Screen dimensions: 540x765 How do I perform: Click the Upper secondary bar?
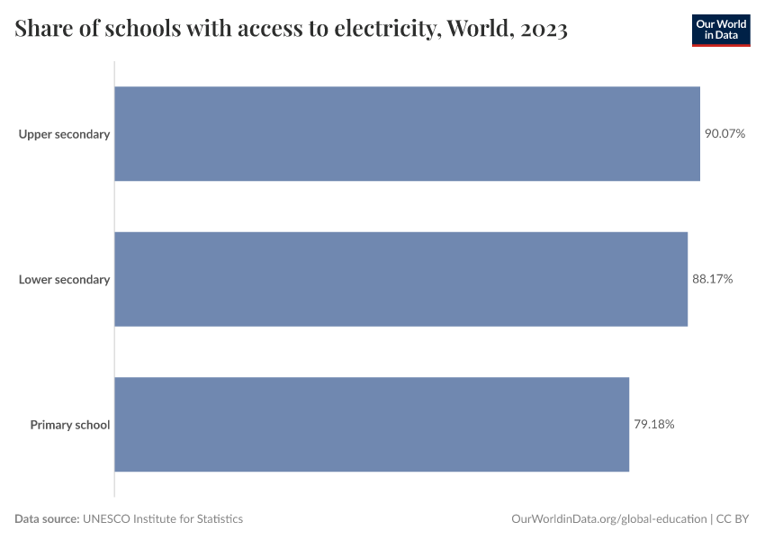pyautogui.click(x=407, y=134)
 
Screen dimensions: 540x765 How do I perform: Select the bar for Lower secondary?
pyautogui.click(x=400, y=279)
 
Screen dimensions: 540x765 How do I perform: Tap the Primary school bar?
pyautogui.click(x=372, y=424)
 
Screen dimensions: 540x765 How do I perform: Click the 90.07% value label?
pyautogui.click(x=724, y=134)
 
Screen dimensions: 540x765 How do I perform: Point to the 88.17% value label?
pyautogui.click(x=712, y=279)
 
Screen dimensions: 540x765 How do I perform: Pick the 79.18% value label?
pyautogui.click(x=653, y=424)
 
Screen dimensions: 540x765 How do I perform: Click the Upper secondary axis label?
pyautogui.click(x=64, y=134)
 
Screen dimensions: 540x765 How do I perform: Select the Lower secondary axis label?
pyautogui.click(x=64, y=279)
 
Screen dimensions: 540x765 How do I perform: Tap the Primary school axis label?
pyautogui.click(x=69, y=424)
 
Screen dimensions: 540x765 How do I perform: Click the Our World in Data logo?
pyautogui.click(x=720, y=30)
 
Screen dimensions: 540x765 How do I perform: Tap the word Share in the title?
pyautogui.click(x=42, y=31)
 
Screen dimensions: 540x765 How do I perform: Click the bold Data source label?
pyautogui.click(x=47, y=519)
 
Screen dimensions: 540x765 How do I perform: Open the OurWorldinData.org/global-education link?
pyautogui.click(x=608, y=519)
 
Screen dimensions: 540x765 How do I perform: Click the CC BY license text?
pyautogui.click(x=733, y=519)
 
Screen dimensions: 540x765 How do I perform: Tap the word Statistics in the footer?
pyautogui.click(x=217, y=519)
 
